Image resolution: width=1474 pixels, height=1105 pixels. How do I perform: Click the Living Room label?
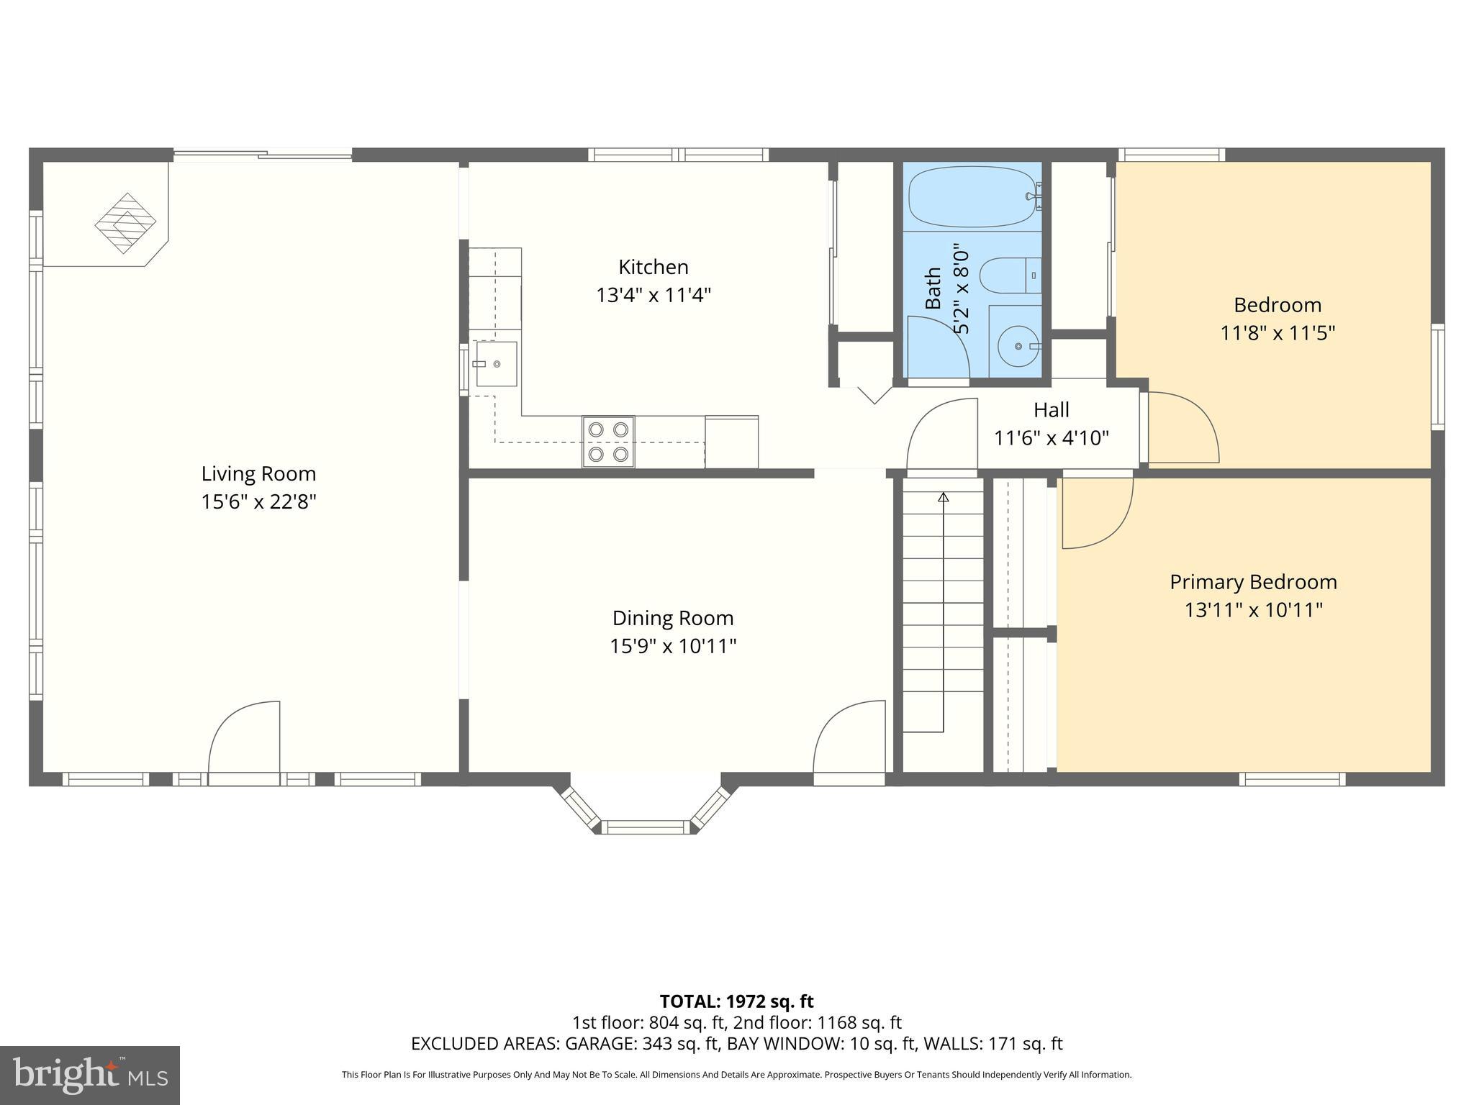[x=258, y=473]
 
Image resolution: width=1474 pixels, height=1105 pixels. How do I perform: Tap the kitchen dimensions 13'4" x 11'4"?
[x=653, y=295]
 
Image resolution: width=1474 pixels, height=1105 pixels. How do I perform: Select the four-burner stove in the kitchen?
[x=608, y=442]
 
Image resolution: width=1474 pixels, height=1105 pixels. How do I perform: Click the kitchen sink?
[x=497, y=364]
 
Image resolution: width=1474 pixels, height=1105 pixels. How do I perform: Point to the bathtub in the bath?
[x=972, y=196]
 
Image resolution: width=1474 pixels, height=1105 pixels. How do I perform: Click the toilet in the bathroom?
[x=1010, y=276]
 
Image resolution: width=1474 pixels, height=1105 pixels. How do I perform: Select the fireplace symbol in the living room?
[x=126, y=223]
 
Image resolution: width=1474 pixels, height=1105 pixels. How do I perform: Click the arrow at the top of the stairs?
[x=944, y=497]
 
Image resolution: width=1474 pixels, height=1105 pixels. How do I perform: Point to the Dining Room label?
[x=673, y=618]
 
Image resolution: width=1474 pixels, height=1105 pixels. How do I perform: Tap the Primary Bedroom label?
[x=1253, y=582]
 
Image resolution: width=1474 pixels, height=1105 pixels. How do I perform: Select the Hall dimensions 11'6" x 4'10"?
[x=1051, y=437]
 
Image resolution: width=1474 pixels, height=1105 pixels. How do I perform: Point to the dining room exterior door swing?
[x=850, y=737]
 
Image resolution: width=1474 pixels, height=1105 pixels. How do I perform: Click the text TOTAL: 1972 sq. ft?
[x=736, y=1001]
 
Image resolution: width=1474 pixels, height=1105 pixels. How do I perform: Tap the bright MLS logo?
[x=90, y=1075]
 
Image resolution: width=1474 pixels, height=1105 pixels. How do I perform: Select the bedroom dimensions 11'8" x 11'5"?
[x=1278, y=333]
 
